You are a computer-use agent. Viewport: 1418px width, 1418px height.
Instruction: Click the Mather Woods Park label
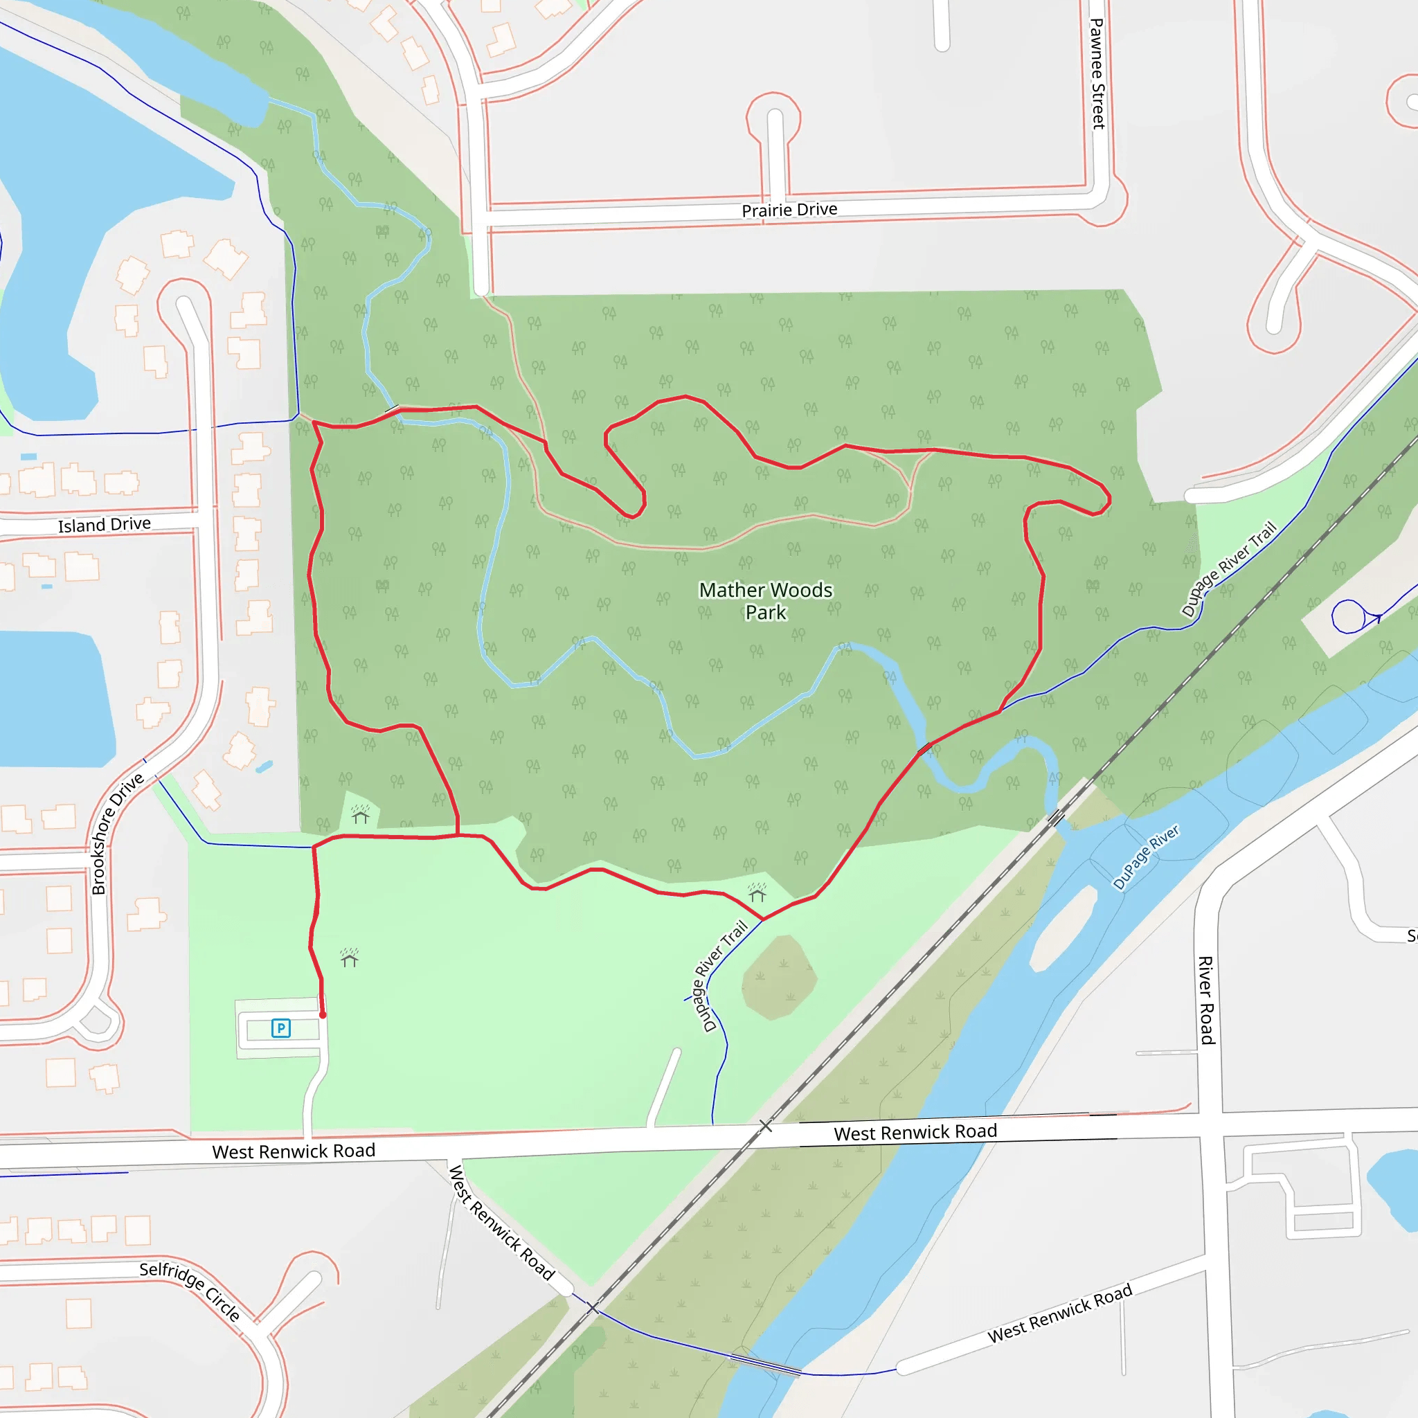click(766, 600)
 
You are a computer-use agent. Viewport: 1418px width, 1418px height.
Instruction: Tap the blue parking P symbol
click(280, 1027)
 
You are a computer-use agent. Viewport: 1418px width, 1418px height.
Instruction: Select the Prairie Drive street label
click(789, 210)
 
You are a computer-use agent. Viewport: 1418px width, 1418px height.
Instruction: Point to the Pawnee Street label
click(1097, 73)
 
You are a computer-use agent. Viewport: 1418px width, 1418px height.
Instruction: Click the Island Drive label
click(105, 524)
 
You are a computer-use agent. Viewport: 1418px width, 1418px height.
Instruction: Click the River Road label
click(1206, 1000)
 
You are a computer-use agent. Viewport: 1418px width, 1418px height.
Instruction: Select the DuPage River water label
click(1145, 856)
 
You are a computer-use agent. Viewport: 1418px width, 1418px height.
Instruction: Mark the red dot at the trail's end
click(322, 1015)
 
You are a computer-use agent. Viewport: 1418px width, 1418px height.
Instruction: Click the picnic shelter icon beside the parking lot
click(350, 958)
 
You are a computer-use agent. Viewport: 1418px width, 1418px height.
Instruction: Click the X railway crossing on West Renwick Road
click(766, 1125)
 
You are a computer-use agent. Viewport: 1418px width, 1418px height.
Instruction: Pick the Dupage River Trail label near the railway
click(1229, 568)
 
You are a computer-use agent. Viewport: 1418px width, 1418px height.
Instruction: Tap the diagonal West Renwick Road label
click(501, 1222)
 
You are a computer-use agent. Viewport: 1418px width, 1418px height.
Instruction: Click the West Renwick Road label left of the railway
click(294, 1151)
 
